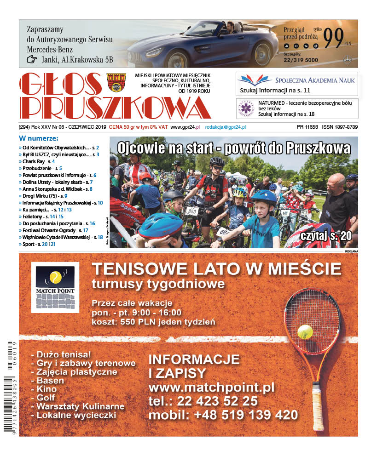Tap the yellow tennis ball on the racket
(305, 331)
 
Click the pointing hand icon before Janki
(31, 59)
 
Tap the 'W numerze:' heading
(39, 138)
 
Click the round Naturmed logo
(245, 108)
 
